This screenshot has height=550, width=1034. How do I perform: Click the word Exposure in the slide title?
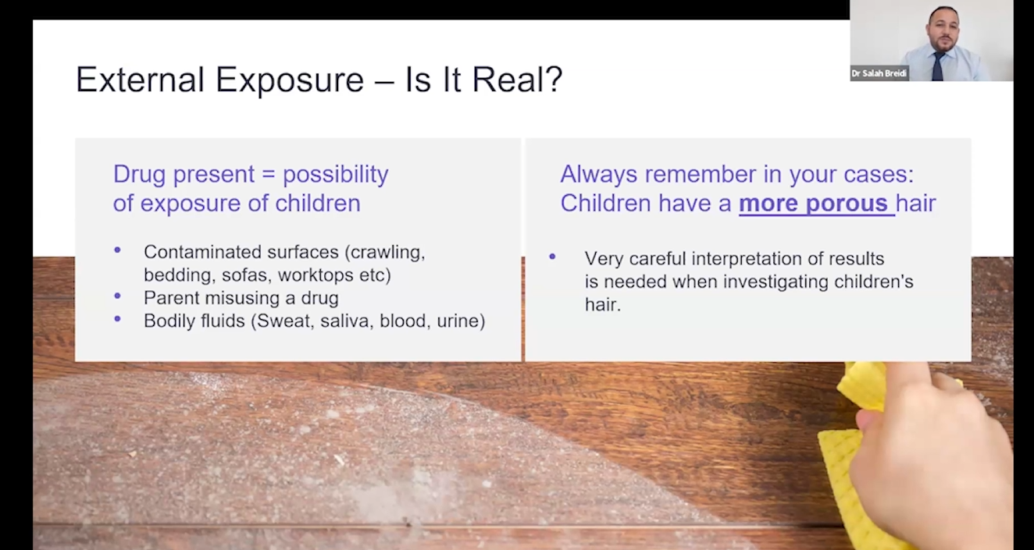point(290,80)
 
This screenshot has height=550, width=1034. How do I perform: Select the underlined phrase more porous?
point(813,204)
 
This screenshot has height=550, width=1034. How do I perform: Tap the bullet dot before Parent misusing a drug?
point(117,296)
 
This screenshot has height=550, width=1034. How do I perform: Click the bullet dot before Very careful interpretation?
point(552,257)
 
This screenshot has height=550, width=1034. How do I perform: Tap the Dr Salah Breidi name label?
point(879,73)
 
